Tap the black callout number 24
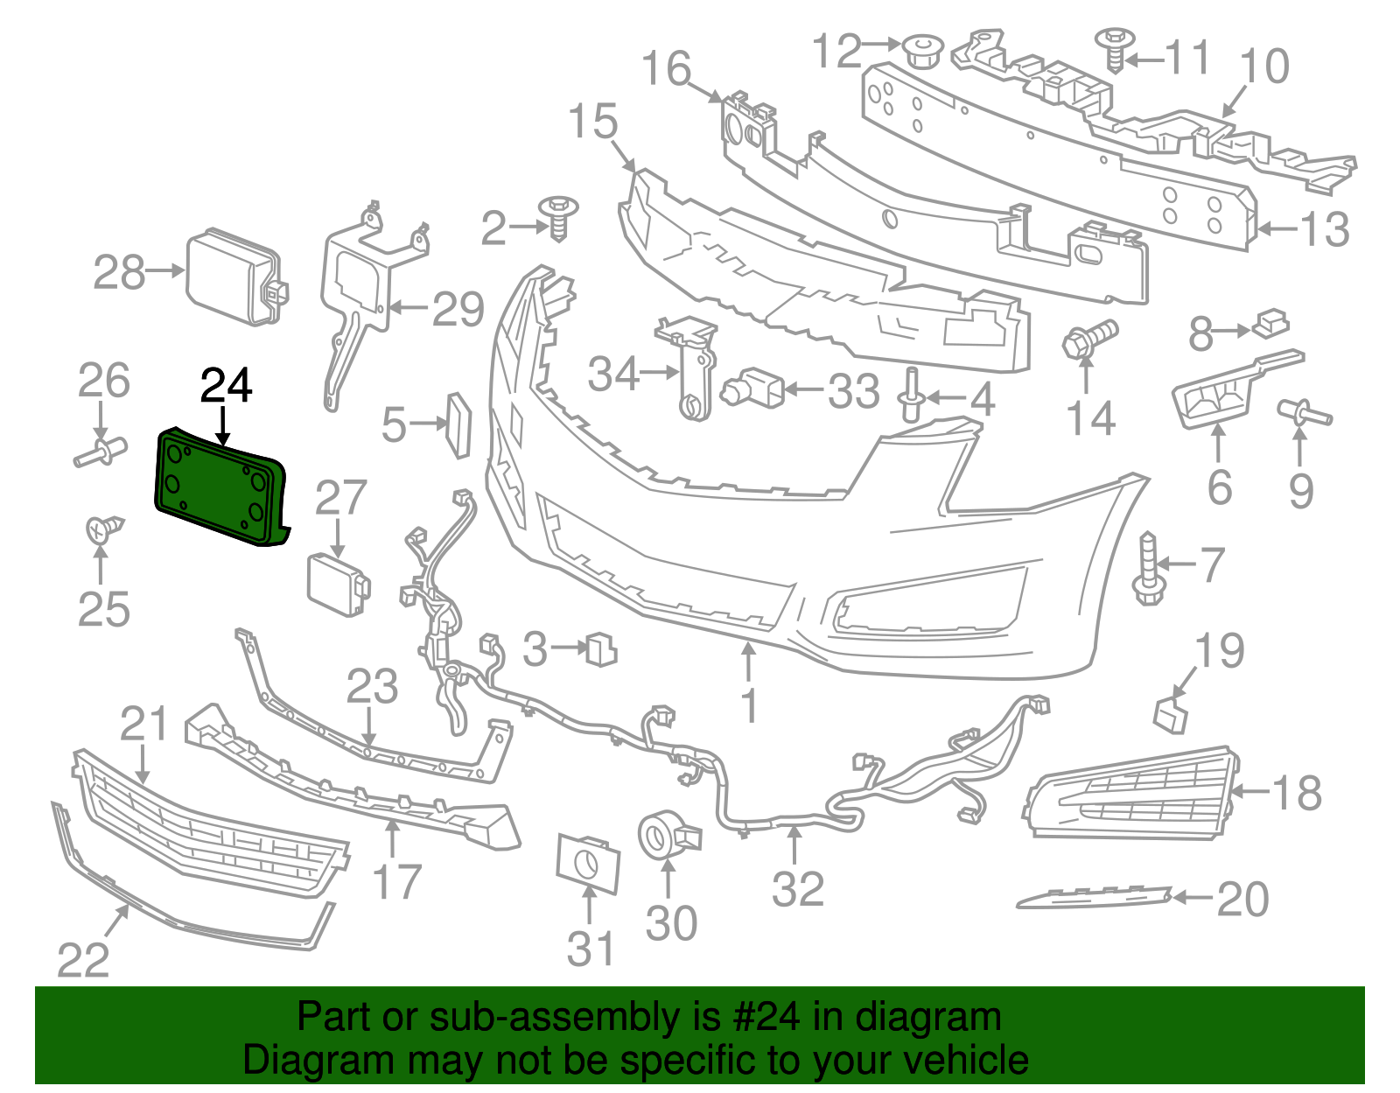tap(226, 386)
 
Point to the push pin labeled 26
tap(101, 452)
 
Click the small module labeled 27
tap(339, 585)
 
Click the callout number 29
tap(458, 309)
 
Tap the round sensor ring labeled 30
tap(668, 836)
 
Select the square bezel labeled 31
tap(588, 864)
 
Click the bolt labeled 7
tap(1147, 569)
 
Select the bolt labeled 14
tap(1089, 340)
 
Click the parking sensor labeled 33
tap(752, 389)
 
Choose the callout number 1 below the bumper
tap(749, 706)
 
